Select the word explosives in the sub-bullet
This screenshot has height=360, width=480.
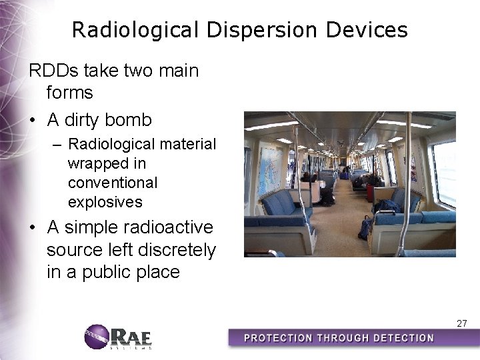tap(105, 201)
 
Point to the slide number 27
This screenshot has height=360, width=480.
tap(461, 323)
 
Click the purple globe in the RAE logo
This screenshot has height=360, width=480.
tap(97, 336)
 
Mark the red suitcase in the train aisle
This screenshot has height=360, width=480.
tap(369, 192)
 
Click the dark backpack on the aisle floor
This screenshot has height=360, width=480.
tap(365, 227)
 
